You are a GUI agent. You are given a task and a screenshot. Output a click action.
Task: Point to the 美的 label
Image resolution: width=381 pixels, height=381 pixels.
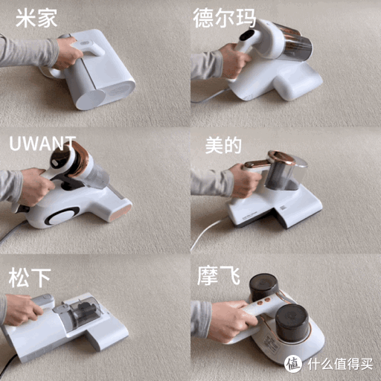(222, 144)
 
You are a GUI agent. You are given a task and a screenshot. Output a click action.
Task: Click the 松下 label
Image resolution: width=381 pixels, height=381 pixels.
(30, 276)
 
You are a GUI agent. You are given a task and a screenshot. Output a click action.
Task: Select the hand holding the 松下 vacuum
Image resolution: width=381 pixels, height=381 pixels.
(21, 310)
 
